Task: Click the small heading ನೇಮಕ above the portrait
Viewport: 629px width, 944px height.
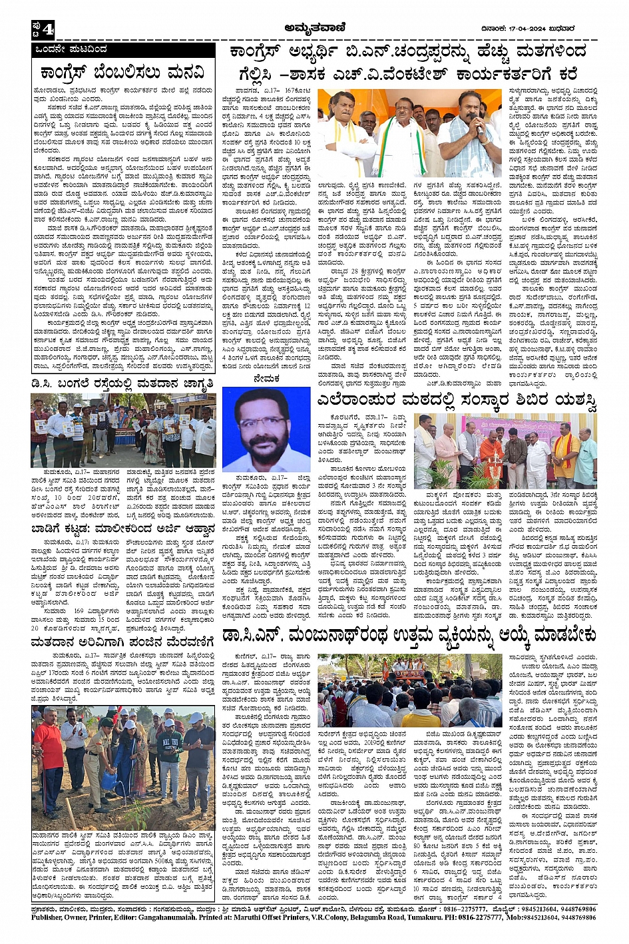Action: pos(266,378)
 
